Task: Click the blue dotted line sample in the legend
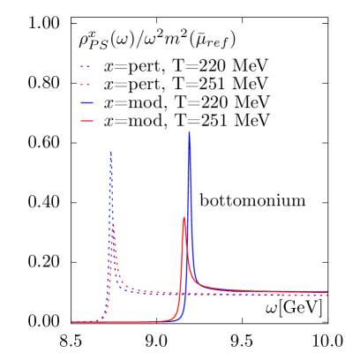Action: click(86, 67)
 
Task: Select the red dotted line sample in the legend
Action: click(86, 85)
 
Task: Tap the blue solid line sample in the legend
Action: click(86, 102)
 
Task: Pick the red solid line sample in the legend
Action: click(86, 120)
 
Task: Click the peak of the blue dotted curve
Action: click(110, 152)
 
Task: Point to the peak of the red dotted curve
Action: click(114, 227)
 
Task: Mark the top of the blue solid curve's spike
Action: click(189, 131)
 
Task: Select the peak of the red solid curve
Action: click(184, 217)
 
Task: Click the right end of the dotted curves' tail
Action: click(327, 295)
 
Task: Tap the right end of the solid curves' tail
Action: click(327, 291)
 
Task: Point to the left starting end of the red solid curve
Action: click(72, 322)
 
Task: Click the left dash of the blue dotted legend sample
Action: click(82, 67)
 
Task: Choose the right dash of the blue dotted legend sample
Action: click(88, 67)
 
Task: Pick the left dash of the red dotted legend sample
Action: click(82, 85)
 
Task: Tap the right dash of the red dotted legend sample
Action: click(88, 85)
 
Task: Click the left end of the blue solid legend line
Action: click(80, 102)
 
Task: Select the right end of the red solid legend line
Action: click(93, 120)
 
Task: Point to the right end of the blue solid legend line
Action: click(93, 102)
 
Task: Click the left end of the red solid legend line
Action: click(80, 120)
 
